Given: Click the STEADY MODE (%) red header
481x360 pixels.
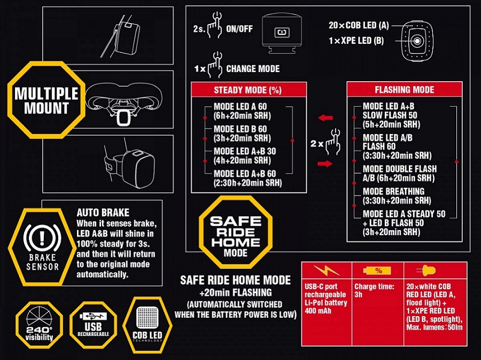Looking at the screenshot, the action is coord(249,90).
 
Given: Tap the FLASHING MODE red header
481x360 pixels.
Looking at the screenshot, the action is coord(405,90).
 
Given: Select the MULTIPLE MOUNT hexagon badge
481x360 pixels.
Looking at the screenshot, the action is coord(46,100).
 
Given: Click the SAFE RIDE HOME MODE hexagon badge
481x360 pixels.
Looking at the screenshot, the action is coord(236,232).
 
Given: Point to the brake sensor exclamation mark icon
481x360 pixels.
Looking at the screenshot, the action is coord(42,238).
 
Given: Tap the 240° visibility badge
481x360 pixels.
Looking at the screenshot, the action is coord(39,325).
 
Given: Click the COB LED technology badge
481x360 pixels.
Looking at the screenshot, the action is coord(148,325).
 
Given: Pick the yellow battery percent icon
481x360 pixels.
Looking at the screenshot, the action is coord(377,270).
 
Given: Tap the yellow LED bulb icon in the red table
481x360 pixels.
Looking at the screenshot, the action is coord(426,270).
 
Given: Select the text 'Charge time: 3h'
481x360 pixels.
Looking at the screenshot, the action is coord(374,291).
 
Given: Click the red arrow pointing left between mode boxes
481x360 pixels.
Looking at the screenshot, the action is coord(325,118).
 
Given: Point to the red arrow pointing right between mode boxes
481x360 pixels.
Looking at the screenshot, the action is coord(325,164).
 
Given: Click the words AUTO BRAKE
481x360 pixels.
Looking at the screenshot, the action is coord(103,213).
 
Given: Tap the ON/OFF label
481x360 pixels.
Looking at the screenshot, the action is coord(239,29).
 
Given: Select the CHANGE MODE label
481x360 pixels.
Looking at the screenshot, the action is coord(253,69).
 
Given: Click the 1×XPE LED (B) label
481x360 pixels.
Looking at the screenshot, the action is coord(356,41).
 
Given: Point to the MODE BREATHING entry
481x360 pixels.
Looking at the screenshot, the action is coord(397,196).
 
